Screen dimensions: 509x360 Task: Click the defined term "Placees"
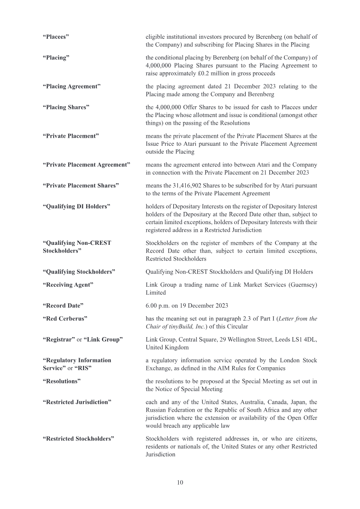pyautogui.click(x=56, y=36)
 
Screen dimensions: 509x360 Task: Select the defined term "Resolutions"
pyautogui.click(x=62, y=381)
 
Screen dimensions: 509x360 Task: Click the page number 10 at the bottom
pyautogui.click(x=180, y=482)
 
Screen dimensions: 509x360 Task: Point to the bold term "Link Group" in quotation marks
pyautogui.click(x=103, y=339)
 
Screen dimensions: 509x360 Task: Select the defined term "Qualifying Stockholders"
pyautogui.click(x=79, y=272)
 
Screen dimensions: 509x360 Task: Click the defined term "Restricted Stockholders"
pyautogui.click(x=78, y=438)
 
